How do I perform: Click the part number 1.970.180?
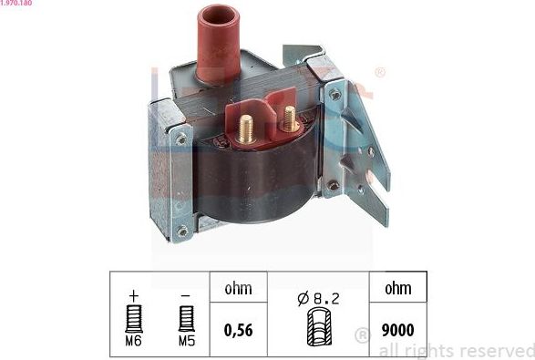[x=19, y=4]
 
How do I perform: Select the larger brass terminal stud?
[x=245, y=129]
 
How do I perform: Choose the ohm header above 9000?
[x=396, y=288]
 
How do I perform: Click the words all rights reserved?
[x=456, y=350]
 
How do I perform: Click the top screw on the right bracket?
[x=335, y=95]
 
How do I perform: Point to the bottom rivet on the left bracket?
[x=182, y=231]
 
